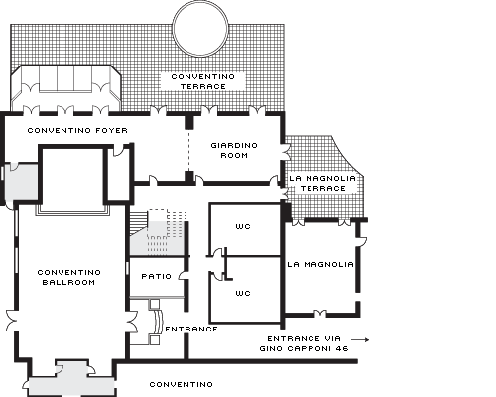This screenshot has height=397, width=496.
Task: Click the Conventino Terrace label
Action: pos(202,81)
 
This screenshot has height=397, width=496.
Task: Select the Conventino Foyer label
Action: pos(77,131)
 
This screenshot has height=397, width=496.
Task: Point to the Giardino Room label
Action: pos(234,150)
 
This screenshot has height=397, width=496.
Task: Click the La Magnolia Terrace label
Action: pos(322,183)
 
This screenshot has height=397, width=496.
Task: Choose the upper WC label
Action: pos(243,227)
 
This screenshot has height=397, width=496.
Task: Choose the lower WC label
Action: pos(243,293)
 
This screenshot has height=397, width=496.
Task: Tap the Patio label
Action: pos(157,276)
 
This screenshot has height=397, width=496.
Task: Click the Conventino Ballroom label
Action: pos(68,277)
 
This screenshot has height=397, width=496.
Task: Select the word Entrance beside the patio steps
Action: pos(191,330)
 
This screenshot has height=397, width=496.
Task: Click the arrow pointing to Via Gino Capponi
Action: pos(360,339)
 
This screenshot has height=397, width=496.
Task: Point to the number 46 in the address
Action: pos(342,349)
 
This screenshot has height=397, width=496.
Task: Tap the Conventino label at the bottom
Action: pos(182,385)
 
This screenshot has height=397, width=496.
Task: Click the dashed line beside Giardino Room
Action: pos(189,150)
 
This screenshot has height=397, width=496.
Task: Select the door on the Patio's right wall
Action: pos(183,276)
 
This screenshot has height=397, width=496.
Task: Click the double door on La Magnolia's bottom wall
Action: pos(319,313)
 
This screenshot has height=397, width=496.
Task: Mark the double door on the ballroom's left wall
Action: pos(12,321)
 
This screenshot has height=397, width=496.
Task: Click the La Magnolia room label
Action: pos(320,265)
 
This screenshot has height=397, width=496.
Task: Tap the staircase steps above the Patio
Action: pos(138,223)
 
